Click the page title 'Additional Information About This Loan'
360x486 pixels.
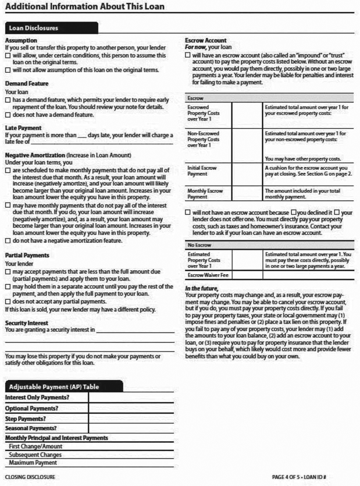coord(84,7)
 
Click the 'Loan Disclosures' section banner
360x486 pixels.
coord(34,28)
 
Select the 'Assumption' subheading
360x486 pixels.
coord(21,40)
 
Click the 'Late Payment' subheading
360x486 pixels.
coord(23,127)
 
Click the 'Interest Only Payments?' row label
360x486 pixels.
coord(37,397)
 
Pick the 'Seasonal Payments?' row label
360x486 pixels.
coord(31,428)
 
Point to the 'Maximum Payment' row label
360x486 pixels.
coord(33,463)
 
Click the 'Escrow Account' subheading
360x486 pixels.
coord(205,40)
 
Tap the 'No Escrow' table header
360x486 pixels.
coord(200,245)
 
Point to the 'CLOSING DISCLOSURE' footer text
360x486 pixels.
coord(30,477)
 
